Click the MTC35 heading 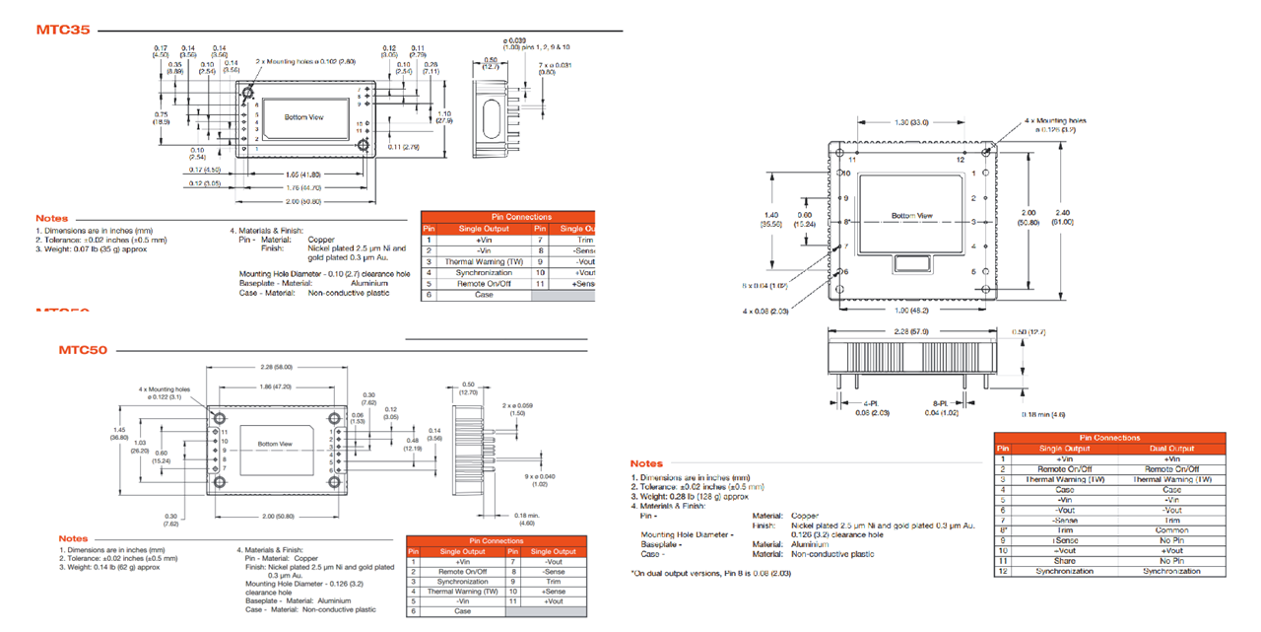point(63,30)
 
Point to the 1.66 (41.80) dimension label point(301,174)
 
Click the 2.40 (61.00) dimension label point(1063,217)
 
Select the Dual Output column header point(1171,448)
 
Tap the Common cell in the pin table point(1171,530)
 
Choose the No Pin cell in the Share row point(1171,561)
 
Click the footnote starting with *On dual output point(710,573)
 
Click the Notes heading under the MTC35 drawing point(52,219)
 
